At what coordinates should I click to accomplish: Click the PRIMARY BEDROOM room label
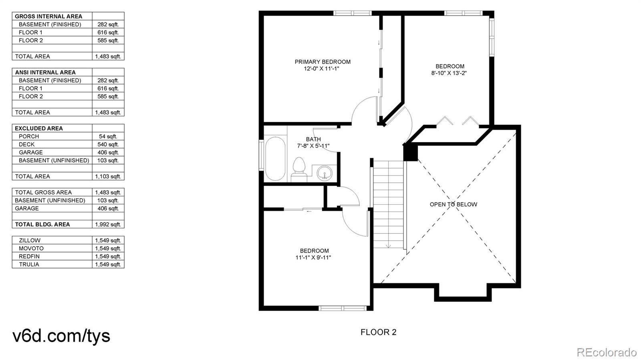point(323,62)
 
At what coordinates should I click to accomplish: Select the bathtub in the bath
point(275,159)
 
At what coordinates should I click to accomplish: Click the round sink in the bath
point(325,173)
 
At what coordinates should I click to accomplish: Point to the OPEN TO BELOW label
point(453,205)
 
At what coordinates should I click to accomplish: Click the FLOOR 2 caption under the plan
point(378,332)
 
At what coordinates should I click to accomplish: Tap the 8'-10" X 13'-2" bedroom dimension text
point(449,73)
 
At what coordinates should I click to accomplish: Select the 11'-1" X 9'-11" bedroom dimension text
point(313,257)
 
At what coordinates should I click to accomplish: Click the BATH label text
point(313,139)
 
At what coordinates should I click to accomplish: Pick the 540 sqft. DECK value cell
point(108,145)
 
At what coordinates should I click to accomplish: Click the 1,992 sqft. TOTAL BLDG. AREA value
point(108,225)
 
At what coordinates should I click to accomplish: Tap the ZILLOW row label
point(30,241)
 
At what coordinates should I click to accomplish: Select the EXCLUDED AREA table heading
point(39,129)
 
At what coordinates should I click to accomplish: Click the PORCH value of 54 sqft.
point(108,137)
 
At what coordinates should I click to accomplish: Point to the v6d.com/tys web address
point(61,336)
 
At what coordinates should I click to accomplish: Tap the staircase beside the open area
point(388,204)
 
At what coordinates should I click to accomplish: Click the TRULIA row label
point(29,265)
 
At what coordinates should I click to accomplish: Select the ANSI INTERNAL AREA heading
point(45,72)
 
